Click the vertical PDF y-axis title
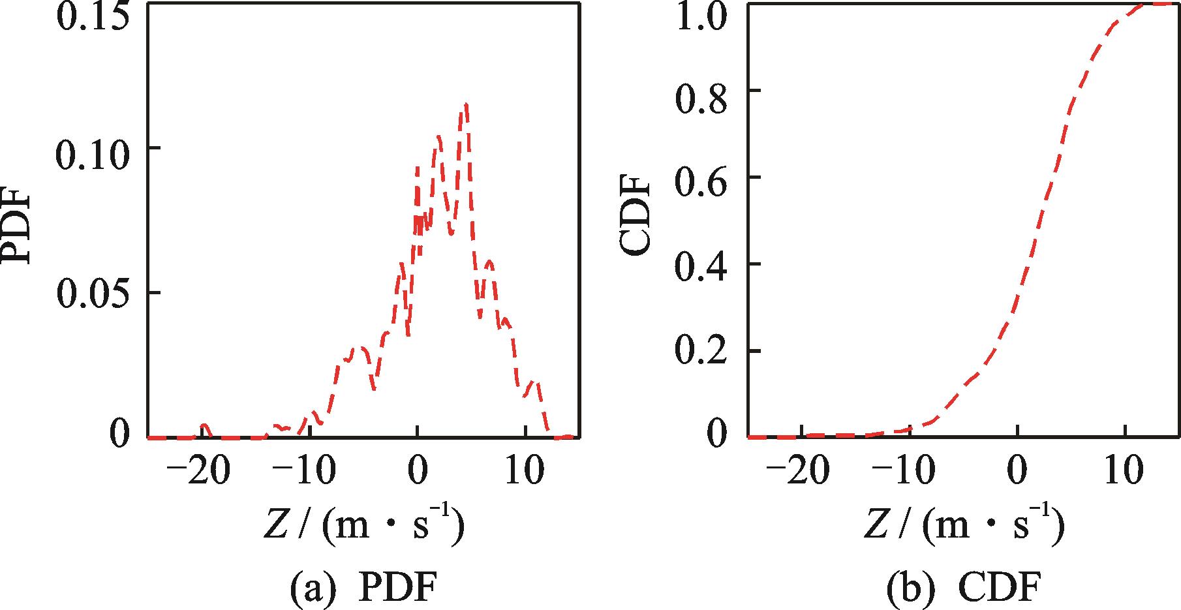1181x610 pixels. click(18, 224)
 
